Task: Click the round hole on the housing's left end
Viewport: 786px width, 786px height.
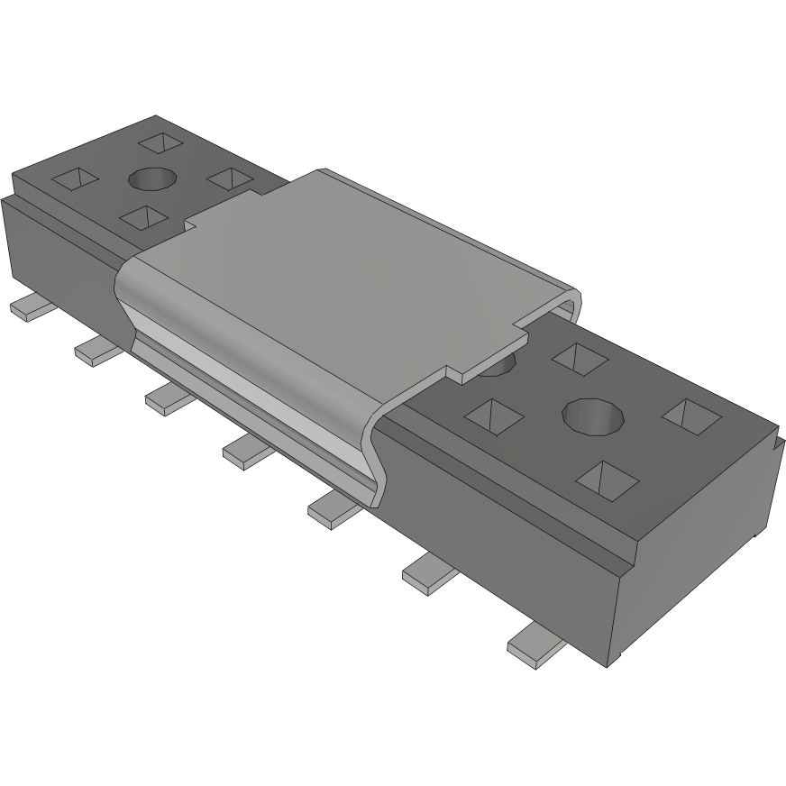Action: pos(152,179)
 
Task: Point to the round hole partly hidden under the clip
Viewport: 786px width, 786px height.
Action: pos(498,366)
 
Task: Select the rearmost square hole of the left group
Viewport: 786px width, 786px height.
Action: pos(161,143)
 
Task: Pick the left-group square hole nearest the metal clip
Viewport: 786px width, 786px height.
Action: pos(230,178)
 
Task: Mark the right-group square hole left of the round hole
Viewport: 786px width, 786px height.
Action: pos(495,416)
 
